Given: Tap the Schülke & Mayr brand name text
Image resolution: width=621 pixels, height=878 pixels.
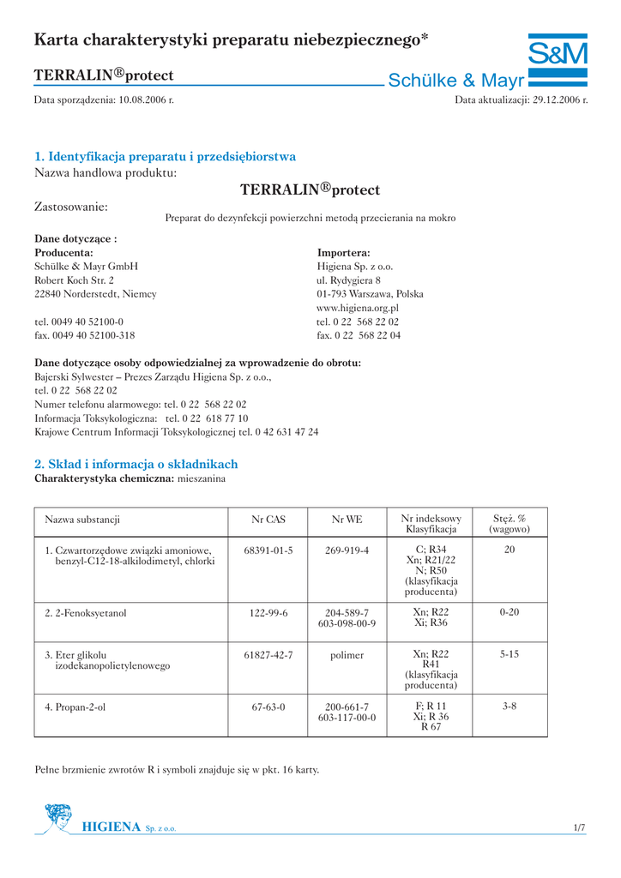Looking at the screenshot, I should pyautogui.click(x=455, y=81).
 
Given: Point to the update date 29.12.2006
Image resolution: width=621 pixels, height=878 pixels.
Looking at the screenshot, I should pyautogui.click(x=559, y=100).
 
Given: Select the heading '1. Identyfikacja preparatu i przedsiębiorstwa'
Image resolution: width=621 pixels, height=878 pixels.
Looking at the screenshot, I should pyautogui.click(x=165, y=157).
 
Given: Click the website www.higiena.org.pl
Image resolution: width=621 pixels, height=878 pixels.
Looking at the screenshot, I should pyautogui.click(x=358, y=308).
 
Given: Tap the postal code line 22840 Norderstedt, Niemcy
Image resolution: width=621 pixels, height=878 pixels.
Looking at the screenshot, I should pyautogui.click(x=95, y=294).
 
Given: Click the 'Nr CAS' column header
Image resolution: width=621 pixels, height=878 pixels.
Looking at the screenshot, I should pyautogui.click(x=268, y=520).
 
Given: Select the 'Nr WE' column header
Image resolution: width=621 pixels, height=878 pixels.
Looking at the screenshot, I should pyautogui.click(x=347, y=520).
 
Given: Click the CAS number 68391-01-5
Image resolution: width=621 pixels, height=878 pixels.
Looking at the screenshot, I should pyautogui.click(x=268, y=550).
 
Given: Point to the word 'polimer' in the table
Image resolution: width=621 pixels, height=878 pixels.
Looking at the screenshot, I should pyautogui.click(x=347, y=654).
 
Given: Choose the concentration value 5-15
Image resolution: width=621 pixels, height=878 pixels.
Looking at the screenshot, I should pyautogui.click(x=509, y=654).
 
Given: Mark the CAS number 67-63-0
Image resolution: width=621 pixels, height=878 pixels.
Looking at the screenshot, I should pyautogui.click(x=268, y=707).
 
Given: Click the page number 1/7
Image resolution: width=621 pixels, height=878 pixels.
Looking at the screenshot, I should pyautogui.click(x=579, y=827).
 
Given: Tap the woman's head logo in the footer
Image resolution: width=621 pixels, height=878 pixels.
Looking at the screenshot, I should pyautogui.click(x=58, y=817).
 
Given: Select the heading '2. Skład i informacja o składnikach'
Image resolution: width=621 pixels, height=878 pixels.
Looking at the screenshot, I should pyautogui.click(x=136, y=464).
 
